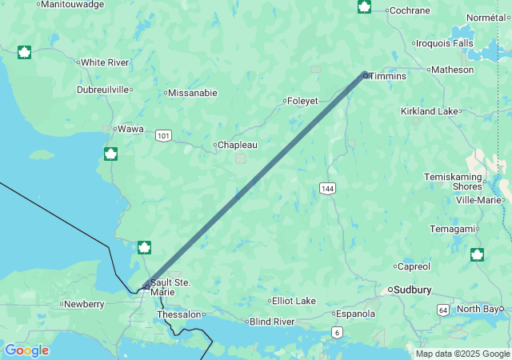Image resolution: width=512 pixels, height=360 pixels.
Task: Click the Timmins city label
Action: [x=388, y=76]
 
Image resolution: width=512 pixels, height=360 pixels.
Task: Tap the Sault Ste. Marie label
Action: [x=170, y=287]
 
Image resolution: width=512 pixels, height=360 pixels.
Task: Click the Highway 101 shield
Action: [x=163, y=136]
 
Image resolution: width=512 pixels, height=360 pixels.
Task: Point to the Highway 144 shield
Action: [x=327, y=188]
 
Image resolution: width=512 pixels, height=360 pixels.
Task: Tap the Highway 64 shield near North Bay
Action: [x=442, y=309]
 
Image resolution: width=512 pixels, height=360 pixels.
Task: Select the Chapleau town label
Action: [x=238, y=146]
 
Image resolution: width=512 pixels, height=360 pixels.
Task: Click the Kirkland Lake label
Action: [x=430, y=111]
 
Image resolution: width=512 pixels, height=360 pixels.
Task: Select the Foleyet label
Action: [x=304, y=101]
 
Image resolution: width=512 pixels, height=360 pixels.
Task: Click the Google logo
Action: [x=26, y=350]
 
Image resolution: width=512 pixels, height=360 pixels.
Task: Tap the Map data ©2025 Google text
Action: [x=462, y=354]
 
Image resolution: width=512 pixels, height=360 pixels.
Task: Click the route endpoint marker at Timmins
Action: [x=366, y=75]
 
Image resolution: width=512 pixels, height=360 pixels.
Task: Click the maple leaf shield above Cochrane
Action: [x=364, y=7]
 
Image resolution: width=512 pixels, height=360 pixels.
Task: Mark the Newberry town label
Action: [x=85, y=304]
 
